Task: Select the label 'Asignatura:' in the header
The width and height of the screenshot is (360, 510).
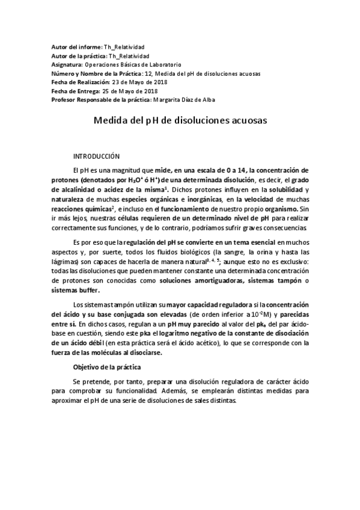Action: [x=67, y=64]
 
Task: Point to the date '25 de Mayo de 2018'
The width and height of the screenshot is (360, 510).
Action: [x=132, y=91]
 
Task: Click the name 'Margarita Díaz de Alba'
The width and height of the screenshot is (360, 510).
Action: [x=185, y=99]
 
